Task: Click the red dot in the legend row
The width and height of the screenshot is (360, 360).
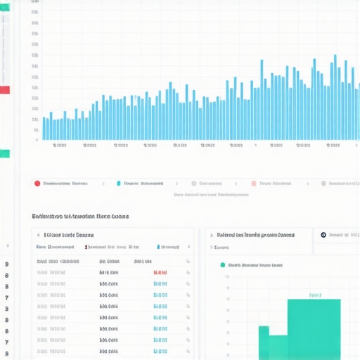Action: [x=37, y=183]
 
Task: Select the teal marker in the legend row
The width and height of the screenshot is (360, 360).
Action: [x=119, y=183]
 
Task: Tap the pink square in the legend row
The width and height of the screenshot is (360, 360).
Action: [x=254, y=183]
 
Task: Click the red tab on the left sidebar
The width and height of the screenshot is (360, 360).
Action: [x=4, y=90]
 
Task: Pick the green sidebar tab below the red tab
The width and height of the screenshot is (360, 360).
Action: [x=4, y=153]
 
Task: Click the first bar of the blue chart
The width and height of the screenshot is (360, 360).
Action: [x=44, y=127]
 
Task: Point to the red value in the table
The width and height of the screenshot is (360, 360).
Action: [x=160, y=272]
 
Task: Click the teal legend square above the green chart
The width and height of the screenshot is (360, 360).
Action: [x=222, y=265]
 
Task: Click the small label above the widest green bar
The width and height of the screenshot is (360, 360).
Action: [x=314, y=295]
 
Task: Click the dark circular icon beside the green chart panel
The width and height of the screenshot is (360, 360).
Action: [x=323, y=235]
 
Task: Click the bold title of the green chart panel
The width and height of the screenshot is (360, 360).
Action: [x=255, y=235]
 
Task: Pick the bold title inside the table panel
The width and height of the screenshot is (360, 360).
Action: [x=69, y=235]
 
